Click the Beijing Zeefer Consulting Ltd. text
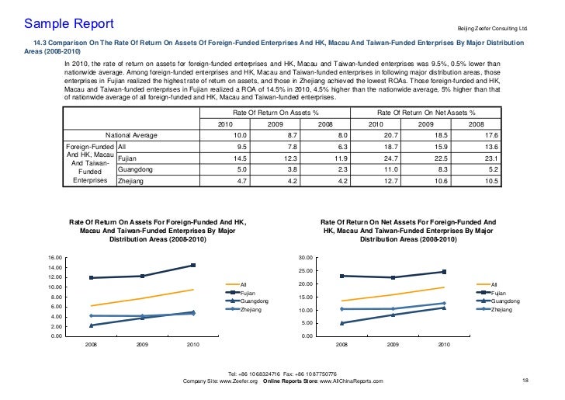tap(491, 29)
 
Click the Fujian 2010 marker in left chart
tap(193, 266)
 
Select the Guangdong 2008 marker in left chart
tap(92, 325)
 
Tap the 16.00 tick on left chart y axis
tap(54, 258)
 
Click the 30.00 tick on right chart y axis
tap(304, 258)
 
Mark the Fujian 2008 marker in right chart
tap(341, 276)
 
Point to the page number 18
tap(525, 380)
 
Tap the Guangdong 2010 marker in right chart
tap(444, 308)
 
